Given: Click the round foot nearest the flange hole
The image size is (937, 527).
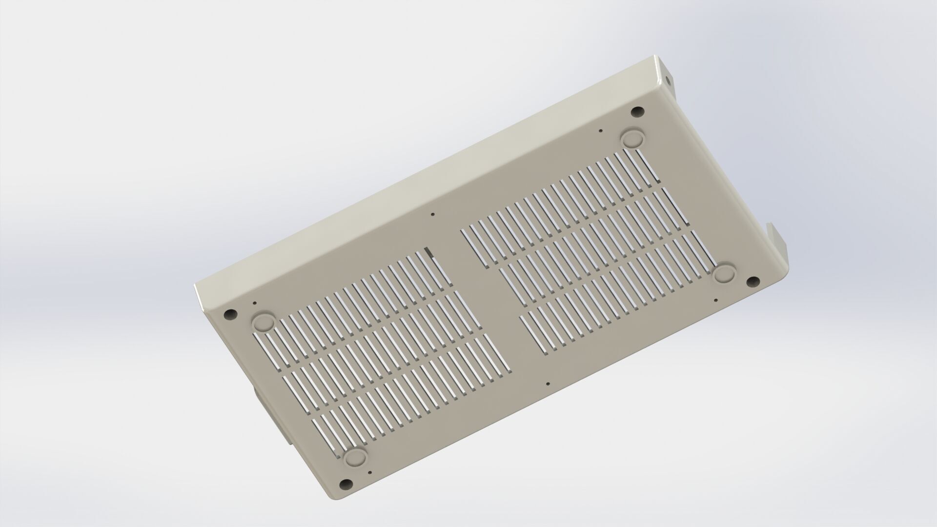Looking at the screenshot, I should point(633,138).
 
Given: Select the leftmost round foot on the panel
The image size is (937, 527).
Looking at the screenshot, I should point(263,321).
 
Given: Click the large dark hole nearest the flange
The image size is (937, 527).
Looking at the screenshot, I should point(636,111).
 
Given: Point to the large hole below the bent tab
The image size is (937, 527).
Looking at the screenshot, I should point(754,282).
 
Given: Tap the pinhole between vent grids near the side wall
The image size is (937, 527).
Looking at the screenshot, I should point(432,214).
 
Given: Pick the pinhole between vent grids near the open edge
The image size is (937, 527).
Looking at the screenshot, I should point(549,384).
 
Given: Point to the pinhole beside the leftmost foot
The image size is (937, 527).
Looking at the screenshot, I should point(255,303).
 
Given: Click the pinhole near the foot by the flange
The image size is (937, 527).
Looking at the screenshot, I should point(600,130).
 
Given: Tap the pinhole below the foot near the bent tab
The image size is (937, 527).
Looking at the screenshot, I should point(716,300).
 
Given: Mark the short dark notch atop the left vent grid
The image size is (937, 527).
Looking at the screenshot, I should point(429,252).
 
